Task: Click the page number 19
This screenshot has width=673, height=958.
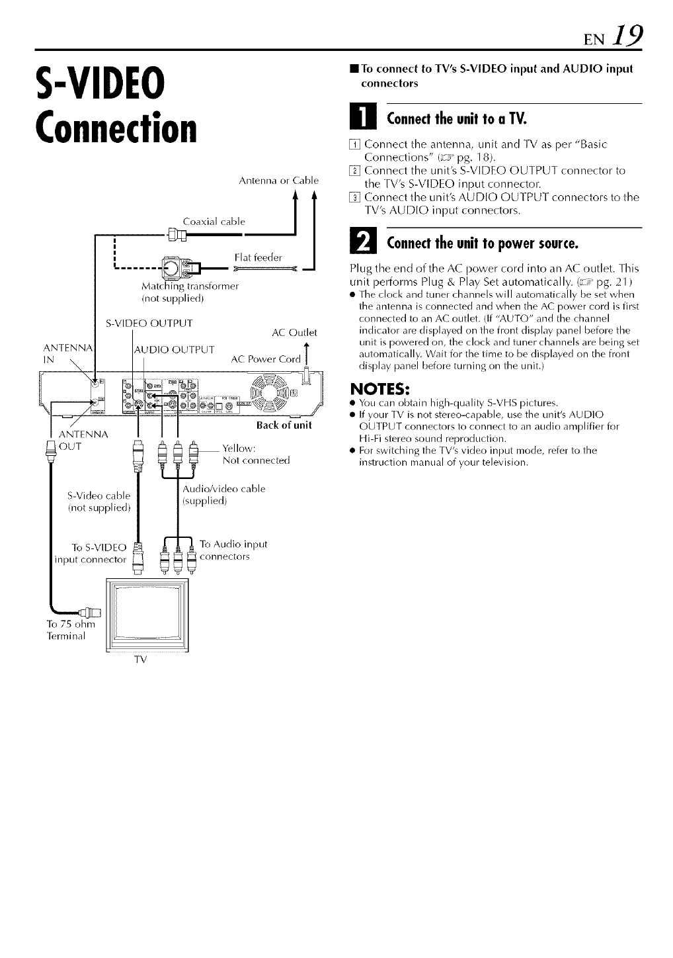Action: pos(625,31)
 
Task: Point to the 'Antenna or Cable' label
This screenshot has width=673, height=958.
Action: pos(278,180)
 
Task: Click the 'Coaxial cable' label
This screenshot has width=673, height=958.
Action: pos(214,222)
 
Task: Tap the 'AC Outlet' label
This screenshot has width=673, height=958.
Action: pos(295,332)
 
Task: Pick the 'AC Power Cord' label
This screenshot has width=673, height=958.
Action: pos(266,359)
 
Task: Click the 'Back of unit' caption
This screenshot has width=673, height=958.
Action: pos(284,425)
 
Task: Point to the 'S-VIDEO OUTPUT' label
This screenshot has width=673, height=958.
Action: pos(149,324)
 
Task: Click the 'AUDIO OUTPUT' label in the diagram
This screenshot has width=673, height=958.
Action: pos(174,349)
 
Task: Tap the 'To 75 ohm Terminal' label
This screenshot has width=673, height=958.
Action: pos(71,630)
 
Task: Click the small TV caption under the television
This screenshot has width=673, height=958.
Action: pos(140,660)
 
